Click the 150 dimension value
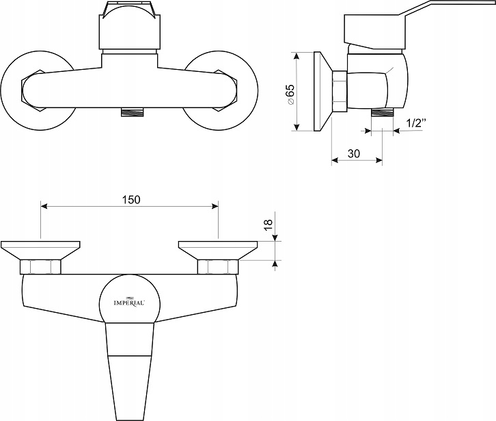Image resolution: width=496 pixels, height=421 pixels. pyautogui.click(x=131, y=199)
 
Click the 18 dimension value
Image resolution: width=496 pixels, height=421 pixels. pyautogui.click(x=268, y=223)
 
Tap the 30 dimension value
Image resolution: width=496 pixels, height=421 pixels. pyautogui.click(x=353, y=154)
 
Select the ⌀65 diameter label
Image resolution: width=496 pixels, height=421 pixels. pyautogui.click(x=290, y=93)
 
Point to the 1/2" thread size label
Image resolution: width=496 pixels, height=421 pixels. pyautogui.click(x=415, y=123)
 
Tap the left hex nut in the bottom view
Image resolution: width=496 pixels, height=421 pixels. pyautogui.click(x=41, y=267)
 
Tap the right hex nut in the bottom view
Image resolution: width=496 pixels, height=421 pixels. pyautogui.click(x=217, y=267)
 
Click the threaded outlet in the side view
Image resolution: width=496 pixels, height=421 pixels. pyautogui.click(x=383, y=113)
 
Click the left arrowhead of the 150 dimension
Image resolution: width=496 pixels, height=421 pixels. pyautogui.click(x=44, y=205)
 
